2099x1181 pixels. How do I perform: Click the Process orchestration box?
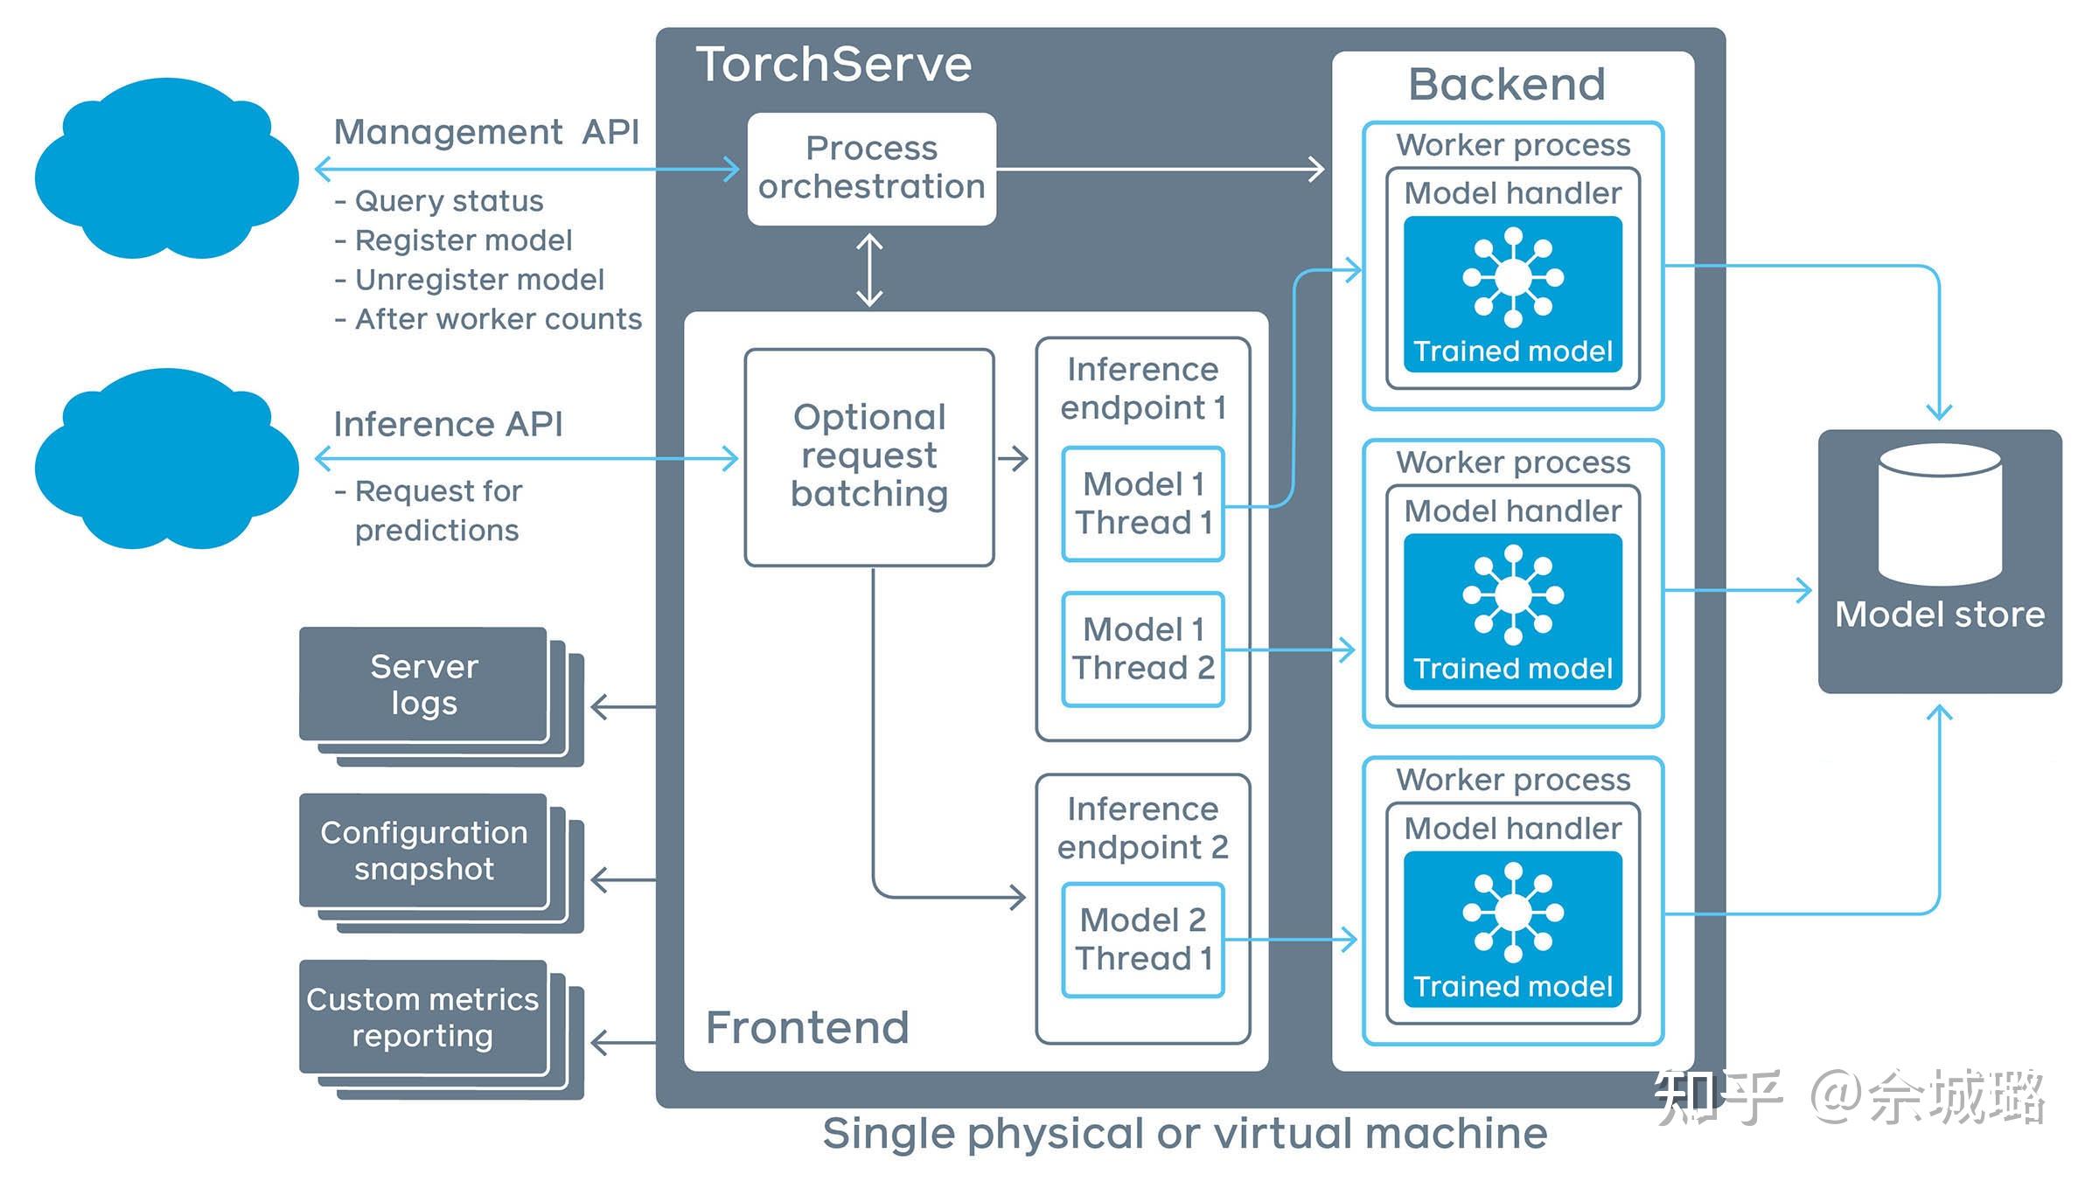871,168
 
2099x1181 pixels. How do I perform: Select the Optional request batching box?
868,456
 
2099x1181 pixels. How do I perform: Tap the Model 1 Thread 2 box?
1142,649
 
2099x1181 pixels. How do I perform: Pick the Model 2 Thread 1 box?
1142,940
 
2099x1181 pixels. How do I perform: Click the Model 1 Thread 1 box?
1142,504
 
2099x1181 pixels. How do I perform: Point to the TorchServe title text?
833,65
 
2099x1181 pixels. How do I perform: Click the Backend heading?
1506,85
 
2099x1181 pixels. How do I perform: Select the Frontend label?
806,1027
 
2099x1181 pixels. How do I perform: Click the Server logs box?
424,684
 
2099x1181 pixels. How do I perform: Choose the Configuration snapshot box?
424,851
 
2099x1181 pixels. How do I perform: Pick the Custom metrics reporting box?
423,1017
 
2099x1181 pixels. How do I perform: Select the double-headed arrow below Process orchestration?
868,269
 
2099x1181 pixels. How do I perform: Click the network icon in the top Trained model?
1512,277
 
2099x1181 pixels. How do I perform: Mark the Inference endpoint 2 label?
1142,828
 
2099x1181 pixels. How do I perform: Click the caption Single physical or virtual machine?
1184,1134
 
